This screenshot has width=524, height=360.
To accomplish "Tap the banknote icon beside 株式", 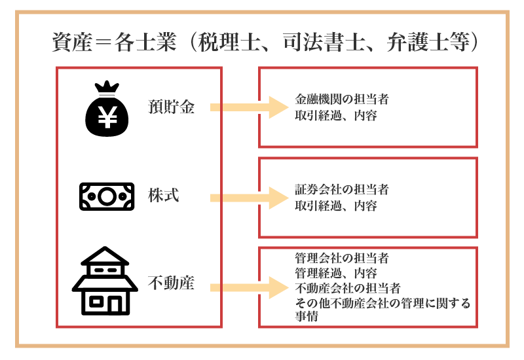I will pyautogui.click(x=107, y=196).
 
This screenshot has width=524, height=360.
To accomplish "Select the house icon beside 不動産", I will pyautogui.click(x=105, y=281).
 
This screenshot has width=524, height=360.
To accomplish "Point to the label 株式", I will pyautogui.click(x=164, y=196).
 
